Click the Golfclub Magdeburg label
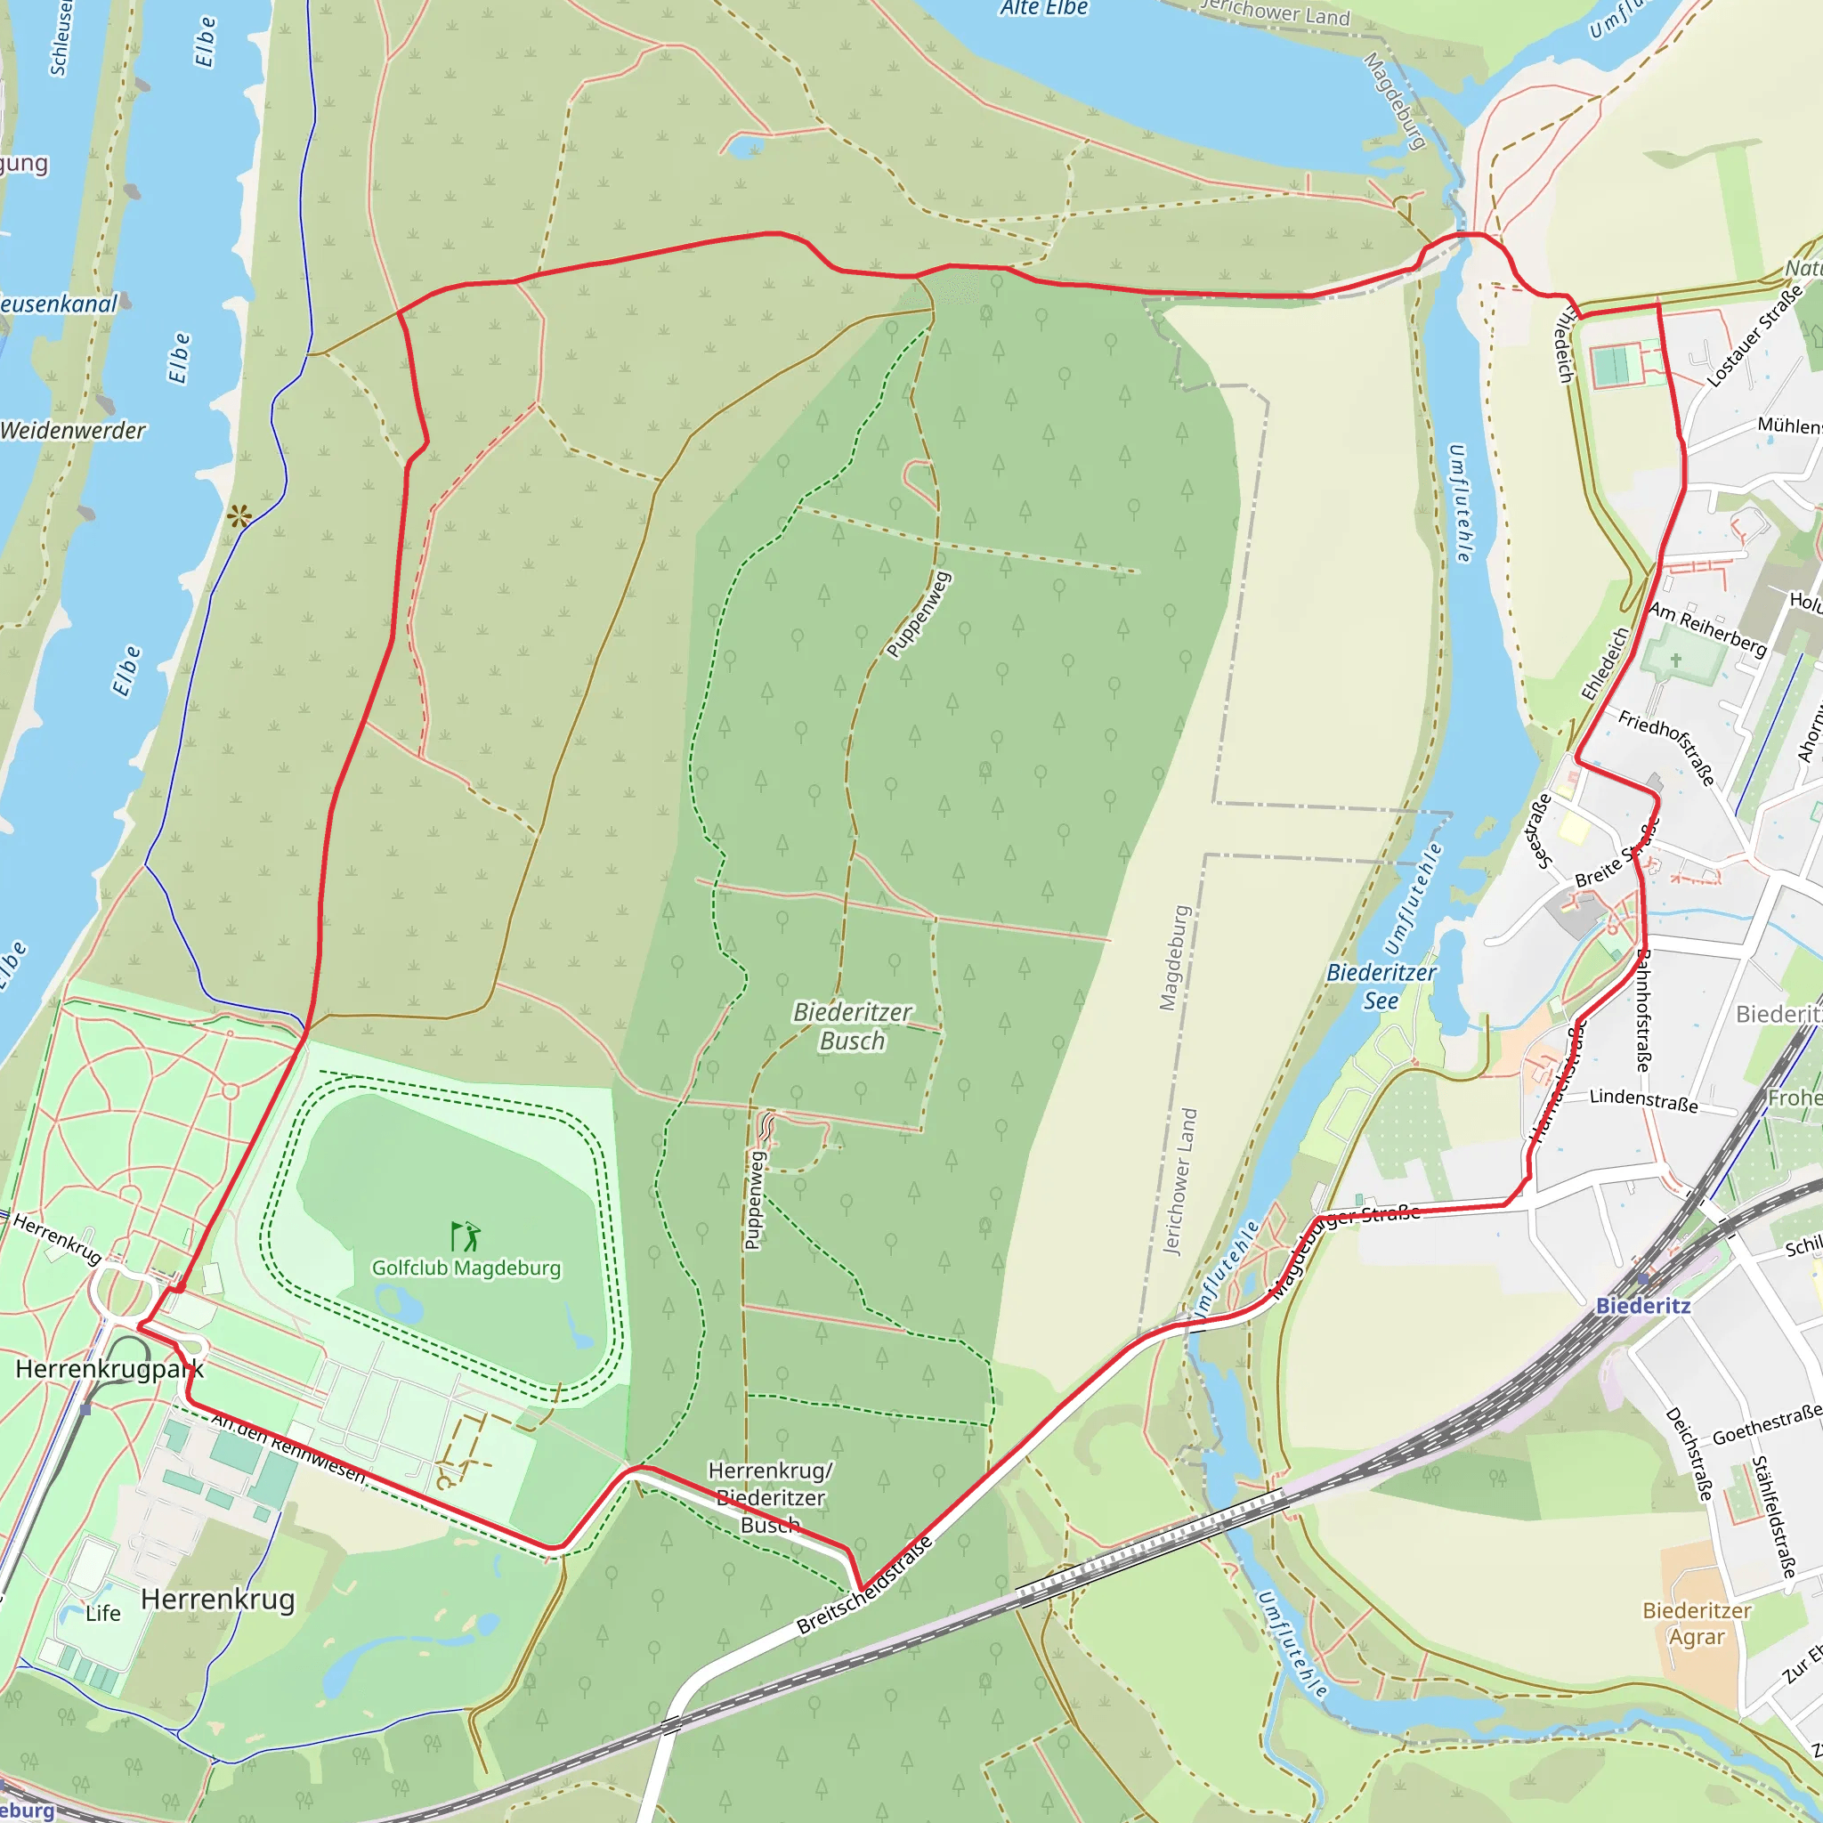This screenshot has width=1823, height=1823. coord(466,1268)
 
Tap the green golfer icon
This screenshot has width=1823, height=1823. coord(466,1236)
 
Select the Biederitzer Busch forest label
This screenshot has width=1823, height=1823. coord(852,1026)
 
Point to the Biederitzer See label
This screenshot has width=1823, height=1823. coord(1381,986)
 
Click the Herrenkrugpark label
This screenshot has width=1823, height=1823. coord(109,1369)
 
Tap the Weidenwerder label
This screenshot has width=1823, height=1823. coord(73,431)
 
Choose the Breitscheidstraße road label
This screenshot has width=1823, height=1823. coord(864,1585)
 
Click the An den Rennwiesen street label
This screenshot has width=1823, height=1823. coord(288,1446)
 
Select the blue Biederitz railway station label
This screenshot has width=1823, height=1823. coord(1643,1306)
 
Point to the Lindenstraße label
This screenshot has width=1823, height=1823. coord(1644,1100)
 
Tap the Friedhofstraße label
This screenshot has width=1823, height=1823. coord(1666,748)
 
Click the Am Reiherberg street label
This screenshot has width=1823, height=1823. coord(1707,629)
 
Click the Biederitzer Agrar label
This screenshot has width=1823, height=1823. coord(1697,1624)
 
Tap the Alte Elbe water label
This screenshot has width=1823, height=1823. coord(1044,9)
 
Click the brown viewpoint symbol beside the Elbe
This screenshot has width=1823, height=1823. coord(239,516)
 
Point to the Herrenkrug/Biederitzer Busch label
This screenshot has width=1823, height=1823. coord(770,1497)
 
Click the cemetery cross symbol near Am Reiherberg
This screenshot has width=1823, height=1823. coord(1676,660)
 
